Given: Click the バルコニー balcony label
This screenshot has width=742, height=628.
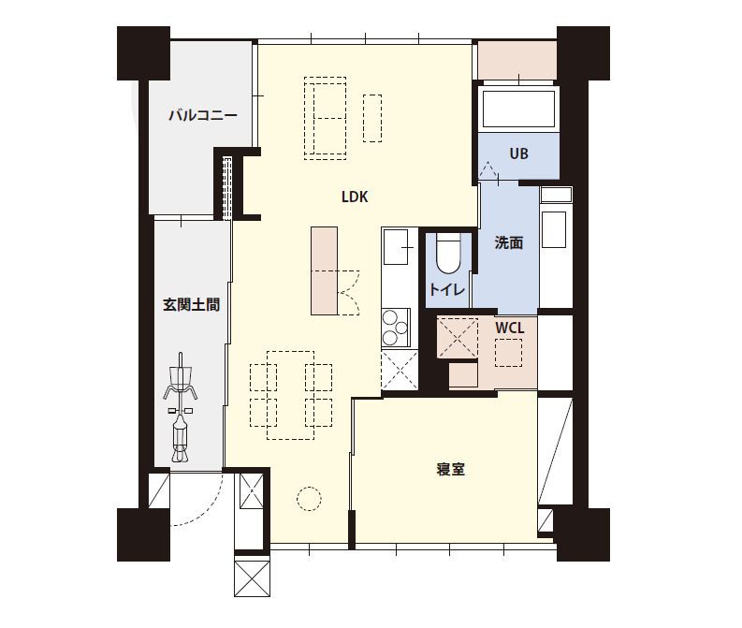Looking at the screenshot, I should click(202, 116).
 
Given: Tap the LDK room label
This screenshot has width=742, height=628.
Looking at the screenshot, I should click(354, 197).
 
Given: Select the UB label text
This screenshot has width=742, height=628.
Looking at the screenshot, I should click(518, 153).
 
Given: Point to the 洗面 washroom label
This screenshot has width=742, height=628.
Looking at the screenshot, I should click(508, 243).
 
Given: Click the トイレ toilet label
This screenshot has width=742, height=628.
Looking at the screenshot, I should click(447, 290).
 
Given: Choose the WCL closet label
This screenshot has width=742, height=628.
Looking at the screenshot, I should click(509, 329).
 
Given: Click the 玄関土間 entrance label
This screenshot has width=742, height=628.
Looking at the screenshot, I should click(191, 305).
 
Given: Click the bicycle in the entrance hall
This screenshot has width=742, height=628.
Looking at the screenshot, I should click(181, 409).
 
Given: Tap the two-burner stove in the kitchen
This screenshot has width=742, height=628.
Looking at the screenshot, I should click(394, 327).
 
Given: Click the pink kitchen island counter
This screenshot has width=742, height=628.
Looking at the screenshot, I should click(324, 270).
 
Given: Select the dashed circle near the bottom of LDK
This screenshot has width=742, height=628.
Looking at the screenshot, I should click(309, 498).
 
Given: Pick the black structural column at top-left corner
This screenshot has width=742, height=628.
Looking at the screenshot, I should click(142, 52).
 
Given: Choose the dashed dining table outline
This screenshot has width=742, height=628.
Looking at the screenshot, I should click(290, 395).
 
